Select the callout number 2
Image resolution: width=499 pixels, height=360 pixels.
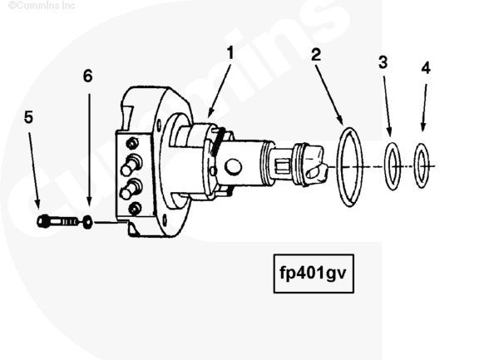click(x=316, y=57)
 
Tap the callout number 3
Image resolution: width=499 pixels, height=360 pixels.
click(x=383, y=62)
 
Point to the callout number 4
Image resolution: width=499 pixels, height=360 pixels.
click(x=426, y=68)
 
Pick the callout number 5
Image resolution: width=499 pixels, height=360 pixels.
click(x=28, y=117)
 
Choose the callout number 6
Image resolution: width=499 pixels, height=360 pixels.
click(x=87, y=76)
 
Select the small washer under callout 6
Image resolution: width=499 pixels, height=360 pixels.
click(x=87, y=223)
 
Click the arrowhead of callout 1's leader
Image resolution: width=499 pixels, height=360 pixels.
click(x=210, y=114)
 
